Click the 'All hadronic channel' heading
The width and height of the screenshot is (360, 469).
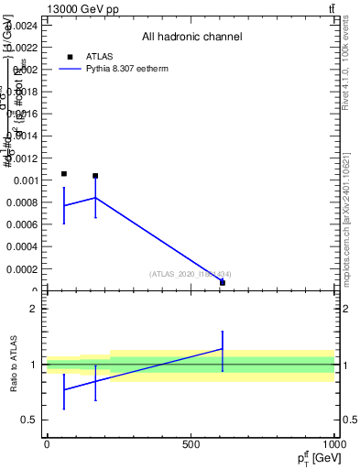tap(191, 38)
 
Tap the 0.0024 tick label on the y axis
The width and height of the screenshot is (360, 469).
tap(20, 25)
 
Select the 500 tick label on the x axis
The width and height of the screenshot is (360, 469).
tap(191, 444)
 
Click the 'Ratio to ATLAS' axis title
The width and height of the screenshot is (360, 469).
tap(15, 364)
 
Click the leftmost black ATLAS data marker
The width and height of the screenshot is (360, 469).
tap(64, 173)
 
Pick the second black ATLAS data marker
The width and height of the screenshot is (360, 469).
tap(95, 176)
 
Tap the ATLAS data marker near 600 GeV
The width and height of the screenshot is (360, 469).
tap(223, 282)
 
